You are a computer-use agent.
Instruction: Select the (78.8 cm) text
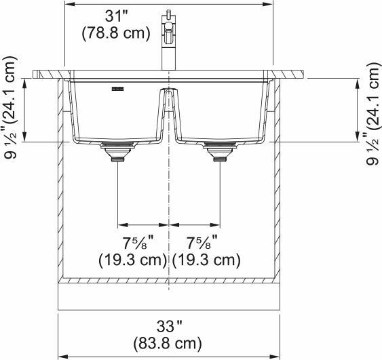(115, 33)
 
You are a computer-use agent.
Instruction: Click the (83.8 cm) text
(169, 343)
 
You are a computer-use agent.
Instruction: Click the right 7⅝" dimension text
(202, 243)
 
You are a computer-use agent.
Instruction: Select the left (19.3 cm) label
(132, 259)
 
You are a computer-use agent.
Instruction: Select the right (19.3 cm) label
(206, 259)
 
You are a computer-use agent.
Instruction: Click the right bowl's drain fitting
(219, 153)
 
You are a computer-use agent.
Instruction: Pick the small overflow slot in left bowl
(118, 88)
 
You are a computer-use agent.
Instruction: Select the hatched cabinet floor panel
(169, 279)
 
